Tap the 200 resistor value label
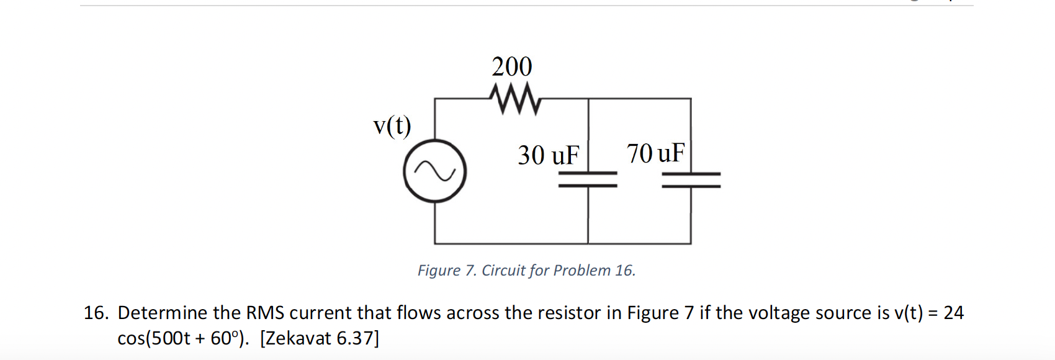tap(512, 66)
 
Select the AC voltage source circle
tap(434, 172)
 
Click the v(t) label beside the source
tap(392, 126)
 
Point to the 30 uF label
tap(549, 155)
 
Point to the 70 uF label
tap(655, 153)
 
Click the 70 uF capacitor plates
tap(691, 179)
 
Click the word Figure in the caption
tap(438, 271)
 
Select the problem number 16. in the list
tap(96, 313)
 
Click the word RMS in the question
tap(265, 313)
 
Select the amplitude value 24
tap(953, 313)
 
